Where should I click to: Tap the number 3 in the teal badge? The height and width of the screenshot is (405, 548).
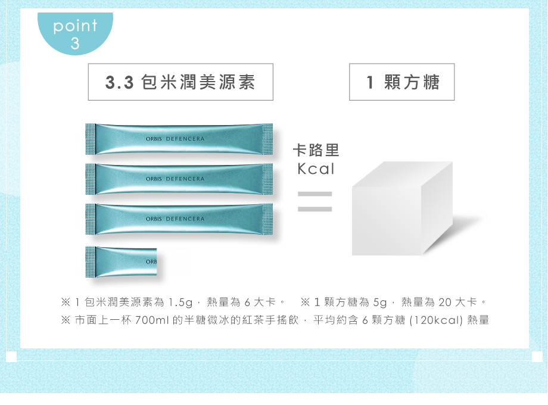pyautogui.click(x=75, y=43)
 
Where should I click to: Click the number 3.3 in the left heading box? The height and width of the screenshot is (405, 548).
pyautogui.click(x=120, y=82)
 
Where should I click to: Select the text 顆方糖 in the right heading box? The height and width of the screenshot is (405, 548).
pyautogui.click(x=412, y=82)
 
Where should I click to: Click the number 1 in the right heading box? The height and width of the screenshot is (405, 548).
pyautogui.click(x=370, y=82)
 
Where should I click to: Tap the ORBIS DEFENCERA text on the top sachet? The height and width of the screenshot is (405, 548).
pyautogui.click(x=175, y=139)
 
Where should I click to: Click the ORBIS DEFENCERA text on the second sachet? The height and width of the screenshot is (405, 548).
pyautogui.click(x=175, y=179)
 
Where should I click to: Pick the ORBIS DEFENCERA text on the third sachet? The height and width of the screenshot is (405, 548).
pyautogui.click(x=175, y=219)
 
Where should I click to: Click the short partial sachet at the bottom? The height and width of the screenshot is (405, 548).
pyautogui.click(x=121, y=261)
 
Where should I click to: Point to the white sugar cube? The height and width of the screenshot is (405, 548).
pyautogui.click(x=402, y=208)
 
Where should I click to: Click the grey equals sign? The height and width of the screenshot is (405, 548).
pyautogui.click(x=315, y=202)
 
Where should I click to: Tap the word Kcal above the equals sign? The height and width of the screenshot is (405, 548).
pyautogui.click(x=316, y=169)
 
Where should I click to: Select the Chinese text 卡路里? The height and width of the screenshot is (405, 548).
pyautogui.click(x=316, y=150)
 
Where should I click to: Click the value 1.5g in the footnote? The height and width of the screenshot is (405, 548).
pyautogui.click(x=180, y=303)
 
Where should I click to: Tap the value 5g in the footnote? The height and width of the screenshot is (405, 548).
pyautogui.click(x=380, y=303)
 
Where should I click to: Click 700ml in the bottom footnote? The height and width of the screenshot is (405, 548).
pyautogui.click(x=152, y=320)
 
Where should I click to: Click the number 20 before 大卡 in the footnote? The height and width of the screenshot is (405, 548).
pyautogui.click(x=445, y=303)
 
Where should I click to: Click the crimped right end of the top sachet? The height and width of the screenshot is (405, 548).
pyautogui.click(x=267, y=139)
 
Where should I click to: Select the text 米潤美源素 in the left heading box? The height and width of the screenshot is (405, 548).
pyautogui.click(x=208, y=82)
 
